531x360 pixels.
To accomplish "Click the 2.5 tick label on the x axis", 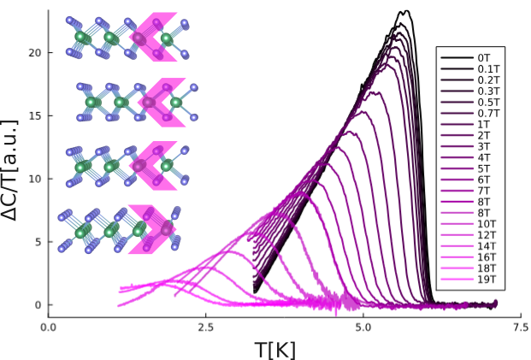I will click(205, 327).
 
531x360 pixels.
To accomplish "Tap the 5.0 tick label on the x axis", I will click(363, 327).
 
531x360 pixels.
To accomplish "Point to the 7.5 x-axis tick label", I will click(520, 327).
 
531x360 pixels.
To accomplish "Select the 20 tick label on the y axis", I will click(34, 52).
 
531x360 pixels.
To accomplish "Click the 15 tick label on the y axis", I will click(34, 115).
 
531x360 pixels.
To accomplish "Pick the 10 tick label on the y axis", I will click(34, 179).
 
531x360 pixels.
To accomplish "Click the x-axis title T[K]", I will click(274, 349).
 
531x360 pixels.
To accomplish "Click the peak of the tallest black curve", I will click(405, 11).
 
